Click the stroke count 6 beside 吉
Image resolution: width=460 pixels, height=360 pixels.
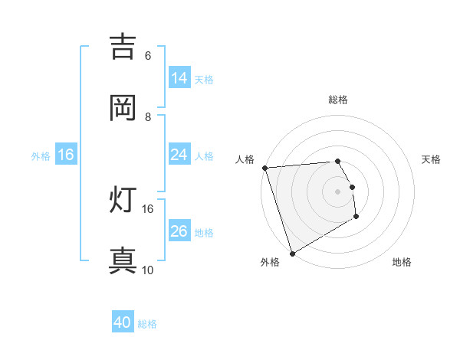(148, 56)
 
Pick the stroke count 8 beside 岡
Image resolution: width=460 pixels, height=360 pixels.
(148, 116)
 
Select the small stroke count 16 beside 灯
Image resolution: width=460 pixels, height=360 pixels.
(148, 208)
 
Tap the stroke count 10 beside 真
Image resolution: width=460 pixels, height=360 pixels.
(148, 270)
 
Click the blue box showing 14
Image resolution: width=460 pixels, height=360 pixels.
(179, 78)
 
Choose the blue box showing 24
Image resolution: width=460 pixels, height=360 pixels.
(179, 155)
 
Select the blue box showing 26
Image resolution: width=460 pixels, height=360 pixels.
(179, 231)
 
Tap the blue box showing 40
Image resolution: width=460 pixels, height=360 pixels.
(123, 323)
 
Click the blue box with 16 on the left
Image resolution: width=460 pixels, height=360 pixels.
(66, 155)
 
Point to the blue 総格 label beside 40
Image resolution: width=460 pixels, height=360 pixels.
(148, 324)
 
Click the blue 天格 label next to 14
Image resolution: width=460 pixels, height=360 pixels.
(204, 79)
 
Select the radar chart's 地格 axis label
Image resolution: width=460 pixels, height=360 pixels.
(402, 262)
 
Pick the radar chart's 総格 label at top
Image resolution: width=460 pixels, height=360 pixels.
(338, 100)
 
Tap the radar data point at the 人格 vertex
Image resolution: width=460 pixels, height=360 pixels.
(264, 168)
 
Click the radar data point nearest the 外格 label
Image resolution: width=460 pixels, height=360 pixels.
(292, 254)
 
